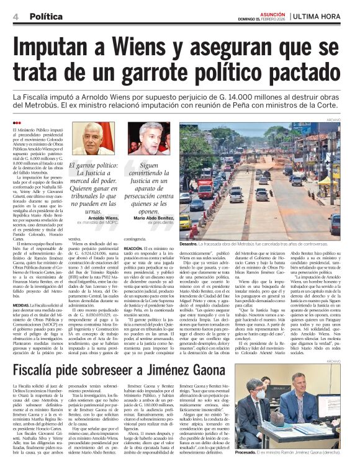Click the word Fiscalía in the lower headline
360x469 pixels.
[x=42, y=371]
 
